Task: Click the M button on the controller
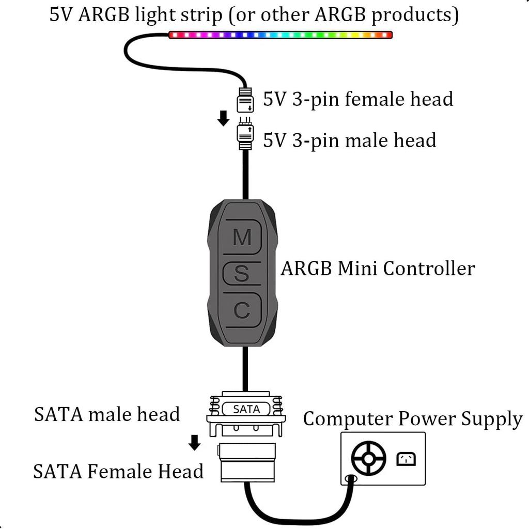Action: pyautogui.click(x=242, y=237)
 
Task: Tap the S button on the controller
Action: pyautogui.click(x=242, y=274)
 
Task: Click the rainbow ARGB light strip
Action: pyautogui.click(x=281, y=35)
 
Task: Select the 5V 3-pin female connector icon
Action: pyautogui.click(x=245, y=100)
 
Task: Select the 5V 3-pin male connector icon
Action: pyautogui.click(x=245, y=134)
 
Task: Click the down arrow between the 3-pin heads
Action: pyautogui.click(x=223, y=119)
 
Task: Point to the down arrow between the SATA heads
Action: pyautogui.click(x=195, y=442)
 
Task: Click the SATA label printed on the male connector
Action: pyautogui.click(x=246, y=409)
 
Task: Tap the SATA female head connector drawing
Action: pyautogui.click(x=246, y=462)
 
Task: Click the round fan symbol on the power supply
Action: pyautogui.click(x=368, y=458)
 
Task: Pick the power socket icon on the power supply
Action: pyautogui.click(x=406, y=459)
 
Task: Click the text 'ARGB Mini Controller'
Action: pyautogui.click(x=378, y=269)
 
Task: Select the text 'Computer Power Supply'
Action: pyautogui.click(x=413, y=419)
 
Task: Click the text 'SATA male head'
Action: pyautogui.click(x=107, y=414)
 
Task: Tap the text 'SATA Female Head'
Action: pyautogui.click(x=118, y=471)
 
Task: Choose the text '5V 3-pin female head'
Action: pyautogui.click(x=358, y=99)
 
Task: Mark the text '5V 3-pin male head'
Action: pyautogui.click(x=350, y=140)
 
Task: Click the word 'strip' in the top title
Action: pyautogui.click(x=207, y=15)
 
